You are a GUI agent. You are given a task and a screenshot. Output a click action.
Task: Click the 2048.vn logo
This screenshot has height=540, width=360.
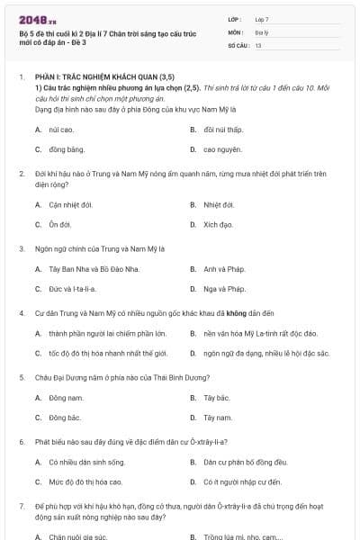(x=37, y=19)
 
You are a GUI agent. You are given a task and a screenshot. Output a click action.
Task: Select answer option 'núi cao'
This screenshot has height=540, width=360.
(x=61, y=130)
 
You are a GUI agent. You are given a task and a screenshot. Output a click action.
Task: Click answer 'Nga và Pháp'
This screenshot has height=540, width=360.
(x=224, y=289)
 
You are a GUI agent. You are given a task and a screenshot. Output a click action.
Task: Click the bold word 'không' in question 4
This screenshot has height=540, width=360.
(x=238, y=313)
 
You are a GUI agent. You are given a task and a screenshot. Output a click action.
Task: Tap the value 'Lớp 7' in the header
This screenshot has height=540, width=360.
(x=262, y=18)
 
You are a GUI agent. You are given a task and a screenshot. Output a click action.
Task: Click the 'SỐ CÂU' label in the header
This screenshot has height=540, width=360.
(x=238, y=44)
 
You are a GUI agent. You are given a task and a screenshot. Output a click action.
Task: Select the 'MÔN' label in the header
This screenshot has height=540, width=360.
(x=235, y=31)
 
